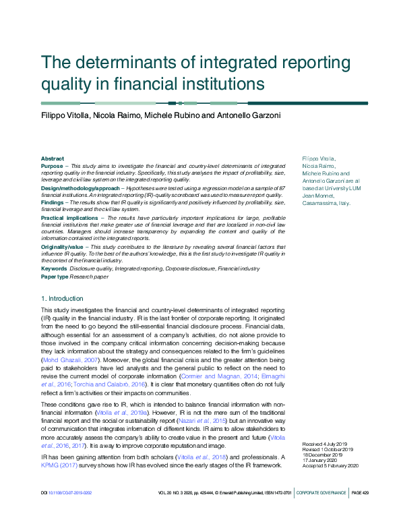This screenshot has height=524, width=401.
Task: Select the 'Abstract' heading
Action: tap(53, 158)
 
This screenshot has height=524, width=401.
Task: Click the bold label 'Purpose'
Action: tap(52, 165)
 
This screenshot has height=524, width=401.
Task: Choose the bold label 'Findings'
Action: tap(53, 202)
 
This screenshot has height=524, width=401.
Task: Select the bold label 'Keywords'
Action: tap(53, 268)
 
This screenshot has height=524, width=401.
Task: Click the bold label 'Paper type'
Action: tap(55, 276)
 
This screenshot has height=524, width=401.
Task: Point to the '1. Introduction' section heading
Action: tap(63, 298)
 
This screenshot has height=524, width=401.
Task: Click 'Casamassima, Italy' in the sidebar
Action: tap(326, 203)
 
